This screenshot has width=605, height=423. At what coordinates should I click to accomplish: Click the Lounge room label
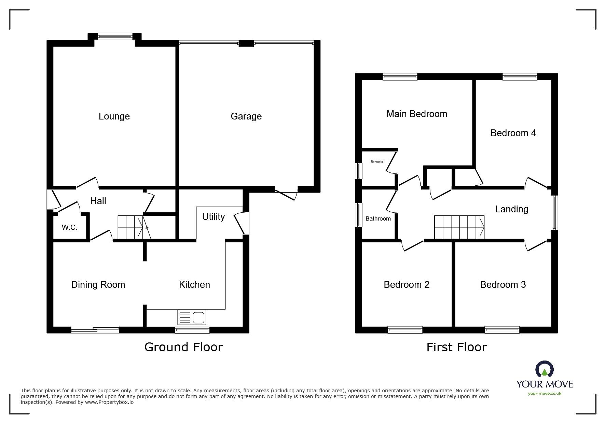(x=114, y=116)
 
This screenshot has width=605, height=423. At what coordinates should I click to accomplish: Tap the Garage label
(x=246, y=116)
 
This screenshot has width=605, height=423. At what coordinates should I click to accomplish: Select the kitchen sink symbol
(x=192, y=318)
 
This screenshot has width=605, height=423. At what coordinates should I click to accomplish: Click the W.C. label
(x=70, y=227)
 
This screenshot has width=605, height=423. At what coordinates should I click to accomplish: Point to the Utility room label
(x=214, y=217)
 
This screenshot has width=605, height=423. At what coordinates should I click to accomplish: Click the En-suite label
(x=377, y=161)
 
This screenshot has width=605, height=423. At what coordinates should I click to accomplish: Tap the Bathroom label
(x=378, y=218)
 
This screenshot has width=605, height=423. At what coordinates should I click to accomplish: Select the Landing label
(x=512, y=209)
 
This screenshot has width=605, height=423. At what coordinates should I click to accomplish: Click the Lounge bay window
(x=115, y=36)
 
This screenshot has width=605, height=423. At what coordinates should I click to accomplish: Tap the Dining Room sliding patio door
(x=95, y=330)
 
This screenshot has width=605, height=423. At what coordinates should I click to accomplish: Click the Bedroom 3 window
(x=502, y=330)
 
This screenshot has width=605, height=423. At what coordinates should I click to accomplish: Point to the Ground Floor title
(x=183, y=347)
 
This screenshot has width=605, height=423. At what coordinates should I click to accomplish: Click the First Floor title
(x=456, y=347)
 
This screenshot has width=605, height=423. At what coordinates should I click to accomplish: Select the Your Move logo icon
(x=545, y=369)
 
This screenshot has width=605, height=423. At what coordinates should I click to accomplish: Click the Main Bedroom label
(x=417, y=114)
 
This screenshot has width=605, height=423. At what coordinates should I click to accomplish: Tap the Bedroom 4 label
(x=513, y=133)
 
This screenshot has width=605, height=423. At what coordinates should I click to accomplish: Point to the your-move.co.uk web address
(x=545, y=394)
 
